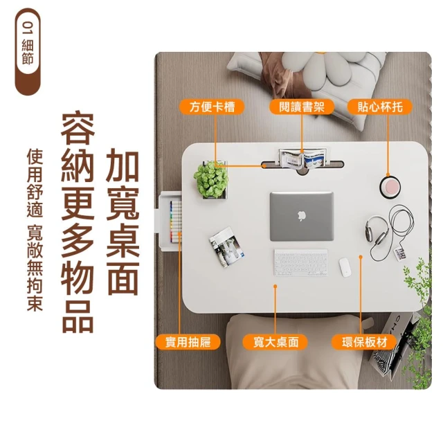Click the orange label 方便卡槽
pos(212,107)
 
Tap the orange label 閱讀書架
pos(302,107)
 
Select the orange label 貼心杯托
pos(380,107)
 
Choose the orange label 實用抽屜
pos(188,342)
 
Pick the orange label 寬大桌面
pos(275,342)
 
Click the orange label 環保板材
pos(364,342)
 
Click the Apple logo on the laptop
pos(302,216)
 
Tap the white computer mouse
pos(345,267)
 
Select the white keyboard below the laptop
pos(301,262)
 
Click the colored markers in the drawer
pos(175,221)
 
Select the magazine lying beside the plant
pos(226,247)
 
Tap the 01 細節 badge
pos(28,51)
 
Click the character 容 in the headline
pos(78,129)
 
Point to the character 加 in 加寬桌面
pos(122,165)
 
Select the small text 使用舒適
pos(35,183)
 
